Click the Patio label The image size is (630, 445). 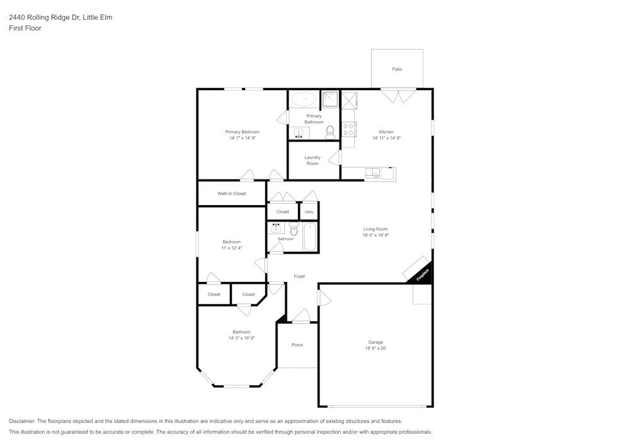tap(397, 69)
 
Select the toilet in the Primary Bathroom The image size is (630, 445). tap(329, 132)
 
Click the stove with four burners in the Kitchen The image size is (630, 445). tap(348, 130)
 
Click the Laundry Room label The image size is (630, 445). tap(312, 161)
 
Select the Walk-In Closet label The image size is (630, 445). tap(231, 194)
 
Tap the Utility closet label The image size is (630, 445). tap(309, 212)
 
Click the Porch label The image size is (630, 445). tap(297, 345)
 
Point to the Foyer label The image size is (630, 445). tap(299, 276)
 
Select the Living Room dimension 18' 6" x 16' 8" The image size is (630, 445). tap(375, 235)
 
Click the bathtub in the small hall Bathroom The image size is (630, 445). tap(310, 237)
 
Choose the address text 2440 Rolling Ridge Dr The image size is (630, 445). tap(44, 18)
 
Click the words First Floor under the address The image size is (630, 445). tap(25, 28)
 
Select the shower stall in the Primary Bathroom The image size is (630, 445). tap(330, 99)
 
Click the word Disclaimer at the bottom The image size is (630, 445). tap(23, 421)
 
